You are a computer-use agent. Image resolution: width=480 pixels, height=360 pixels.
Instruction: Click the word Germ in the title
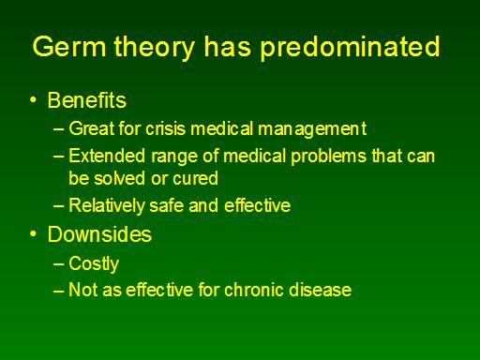pos(69,46)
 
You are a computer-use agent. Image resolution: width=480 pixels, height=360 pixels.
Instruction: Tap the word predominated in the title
pos(351,47)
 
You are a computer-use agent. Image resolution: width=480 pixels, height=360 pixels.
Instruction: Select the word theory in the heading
pos(155,48)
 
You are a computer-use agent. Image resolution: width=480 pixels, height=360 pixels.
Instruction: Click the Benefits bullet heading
pos(87,100)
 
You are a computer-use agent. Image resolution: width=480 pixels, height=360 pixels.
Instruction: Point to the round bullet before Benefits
pos(33,100)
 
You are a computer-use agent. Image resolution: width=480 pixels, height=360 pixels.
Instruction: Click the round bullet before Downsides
pos(33,234)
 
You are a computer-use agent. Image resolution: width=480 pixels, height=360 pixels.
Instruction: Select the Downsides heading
pos(99,234)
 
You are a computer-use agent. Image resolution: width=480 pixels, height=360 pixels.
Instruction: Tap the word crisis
pos(165,128)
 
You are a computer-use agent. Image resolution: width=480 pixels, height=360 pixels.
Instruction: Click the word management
pos(312,129)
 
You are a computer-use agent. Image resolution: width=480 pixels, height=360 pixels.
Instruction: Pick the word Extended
pos(107,156)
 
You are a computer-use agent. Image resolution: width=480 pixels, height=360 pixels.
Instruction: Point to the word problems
pos(328,157)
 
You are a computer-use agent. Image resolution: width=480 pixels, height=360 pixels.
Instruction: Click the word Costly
pos(94,264)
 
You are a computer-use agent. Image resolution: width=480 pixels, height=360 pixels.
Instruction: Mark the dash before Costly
pos(59,264)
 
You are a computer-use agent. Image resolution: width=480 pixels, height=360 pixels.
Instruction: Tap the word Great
pos(92,128)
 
